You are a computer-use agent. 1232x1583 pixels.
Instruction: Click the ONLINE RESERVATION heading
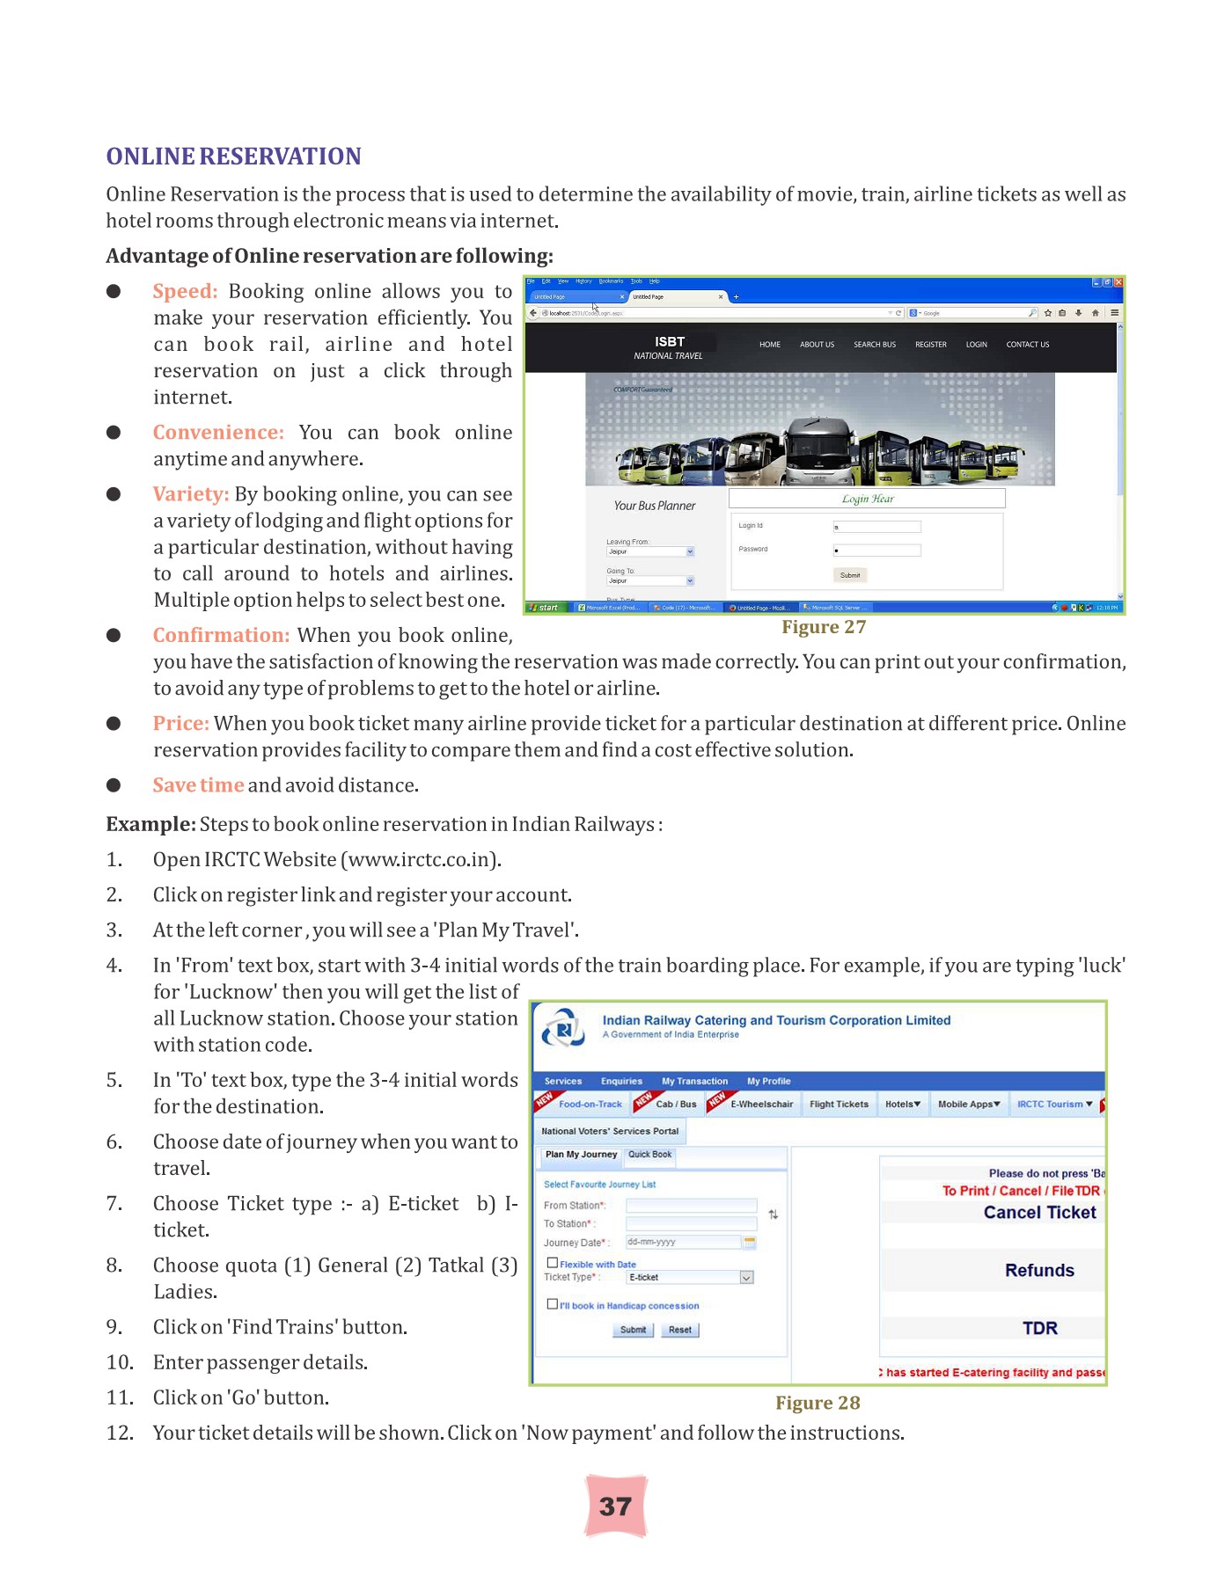[x=233, y=157]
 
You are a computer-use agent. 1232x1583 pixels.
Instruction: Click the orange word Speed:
[x=185, y=291]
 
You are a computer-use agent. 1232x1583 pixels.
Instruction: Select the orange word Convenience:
[x=218, y=433]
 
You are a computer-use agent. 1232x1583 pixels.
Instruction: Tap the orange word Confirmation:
[x=221, y=635]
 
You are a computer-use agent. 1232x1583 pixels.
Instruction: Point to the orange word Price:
[x=180, y=723]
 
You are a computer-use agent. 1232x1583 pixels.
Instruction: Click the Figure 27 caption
[x=824, y=627]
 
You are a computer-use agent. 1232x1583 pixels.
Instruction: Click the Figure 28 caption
[x=818, y=1403]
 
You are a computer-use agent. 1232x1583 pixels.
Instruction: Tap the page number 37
[x=615, y=1506]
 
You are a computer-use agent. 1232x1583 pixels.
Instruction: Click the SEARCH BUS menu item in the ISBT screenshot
[x=874, y=345]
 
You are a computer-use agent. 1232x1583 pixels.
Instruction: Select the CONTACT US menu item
[x=1027, y=345]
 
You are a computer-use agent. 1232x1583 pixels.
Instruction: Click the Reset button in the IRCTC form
[x=679, y=1330]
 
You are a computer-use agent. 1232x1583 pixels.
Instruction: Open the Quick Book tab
[x=649, y=1155]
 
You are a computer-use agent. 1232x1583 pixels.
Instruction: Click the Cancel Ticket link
[x=1039, y=1213]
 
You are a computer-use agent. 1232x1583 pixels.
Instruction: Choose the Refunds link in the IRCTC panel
[x=1039, y=1271]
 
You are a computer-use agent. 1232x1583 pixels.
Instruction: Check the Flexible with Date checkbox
[x=553, y=1263]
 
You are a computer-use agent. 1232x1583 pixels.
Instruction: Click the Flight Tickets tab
[x=839, y=1105]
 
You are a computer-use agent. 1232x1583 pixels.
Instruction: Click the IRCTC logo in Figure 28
[x=563, y=1027]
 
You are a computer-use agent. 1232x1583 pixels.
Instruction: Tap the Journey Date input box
[x=683, y=1242]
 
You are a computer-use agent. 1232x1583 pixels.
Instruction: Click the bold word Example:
[x=150, y=824]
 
